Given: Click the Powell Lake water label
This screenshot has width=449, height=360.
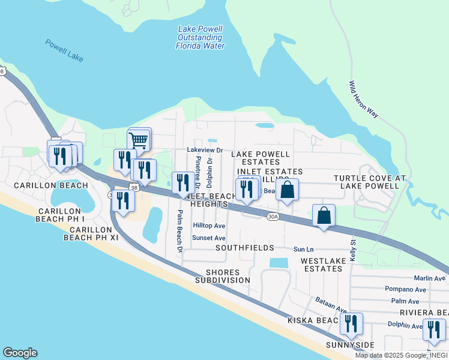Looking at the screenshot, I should pos(64,51).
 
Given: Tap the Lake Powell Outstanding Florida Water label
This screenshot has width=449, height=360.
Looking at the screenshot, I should pos(200,37).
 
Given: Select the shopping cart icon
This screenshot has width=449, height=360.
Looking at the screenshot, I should pos(139,141).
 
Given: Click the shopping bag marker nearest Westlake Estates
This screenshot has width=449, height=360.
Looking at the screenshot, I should pos(324,217).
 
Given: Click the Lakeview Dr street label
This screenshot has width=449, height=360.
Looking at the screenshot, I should pos(205,150).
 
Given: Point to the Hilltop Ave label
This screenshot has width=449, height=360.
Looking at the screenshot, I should pos(209,226).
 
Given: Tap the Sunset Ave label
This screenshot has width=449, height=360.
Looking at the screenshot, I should pos(209,238).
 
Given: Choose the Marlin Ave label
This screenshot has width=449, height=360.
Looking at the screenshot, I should pos(429,278).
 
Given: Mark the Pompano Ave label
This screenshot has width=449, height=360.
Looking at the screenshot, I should pos(405,289).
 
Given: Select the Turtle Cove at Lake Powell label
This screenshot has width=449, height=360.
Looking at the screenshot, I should pos(370,182).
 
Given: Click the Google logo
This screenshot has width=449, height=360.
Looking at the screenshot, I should pos(20,353).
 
